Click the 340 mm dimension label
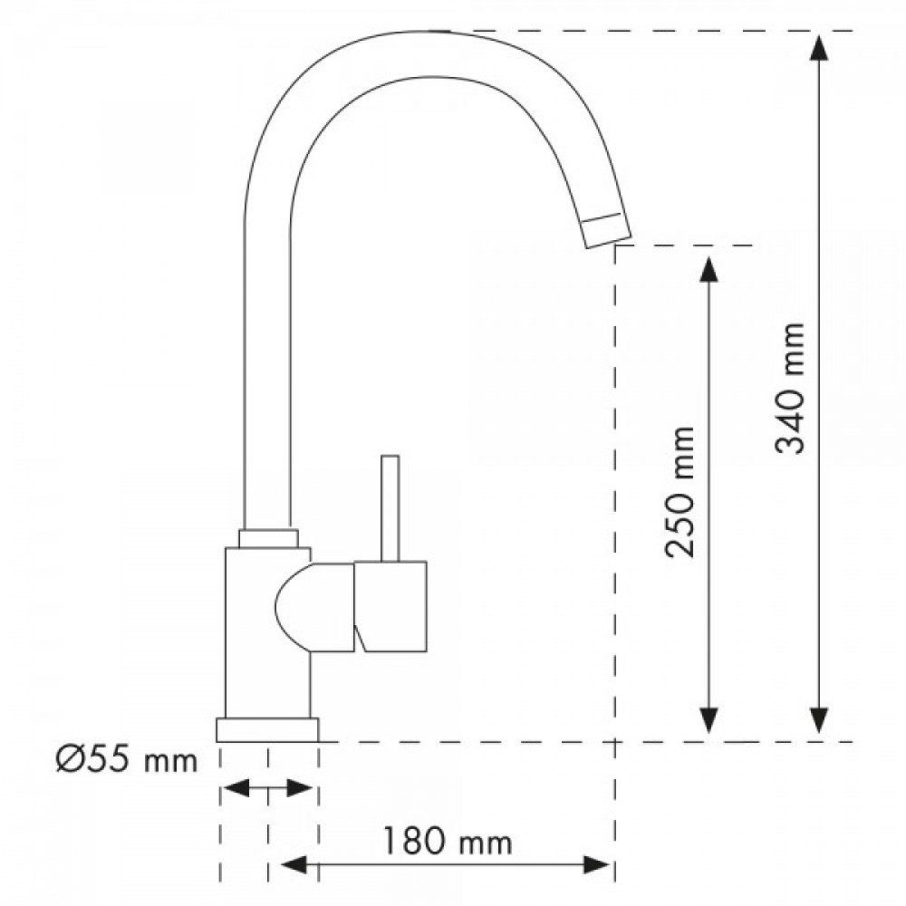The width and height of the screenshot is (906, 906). [790, 389]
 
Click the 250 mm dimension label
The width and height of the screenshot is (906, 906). [680, 492]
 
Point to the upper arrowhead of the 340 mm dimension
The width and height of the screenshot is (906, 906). [819, 47]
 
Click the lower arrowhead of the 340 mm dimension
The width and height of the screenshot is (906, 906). [819, 720]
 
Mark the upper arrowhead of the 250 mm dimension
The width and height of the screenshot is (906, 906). [709, 269]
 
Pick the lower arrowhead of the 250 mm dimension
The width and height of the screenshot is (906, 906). [709, 720]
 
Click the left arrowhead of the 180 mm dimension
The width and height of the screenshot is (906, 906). [294, 864]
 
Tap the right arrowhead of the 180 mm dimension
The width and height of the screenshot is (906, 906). [597, 864]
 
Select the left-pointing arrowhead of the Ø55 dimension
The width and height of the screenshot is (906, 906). [236, 787]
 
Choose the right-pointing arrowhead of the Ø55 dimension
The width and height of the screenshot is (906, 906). [299, 787]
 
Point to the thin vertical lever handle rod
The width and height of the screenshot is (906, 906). [390, 508]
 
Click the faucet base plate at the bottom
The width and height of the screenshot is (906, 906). [267, 729]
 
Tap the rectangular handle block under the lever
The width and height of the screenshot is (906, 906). [390, 607]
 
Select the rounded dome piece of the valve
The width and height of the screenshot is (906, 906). [315, 609]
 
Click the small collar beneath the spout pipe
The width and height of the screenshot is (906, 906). [269, 538]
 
